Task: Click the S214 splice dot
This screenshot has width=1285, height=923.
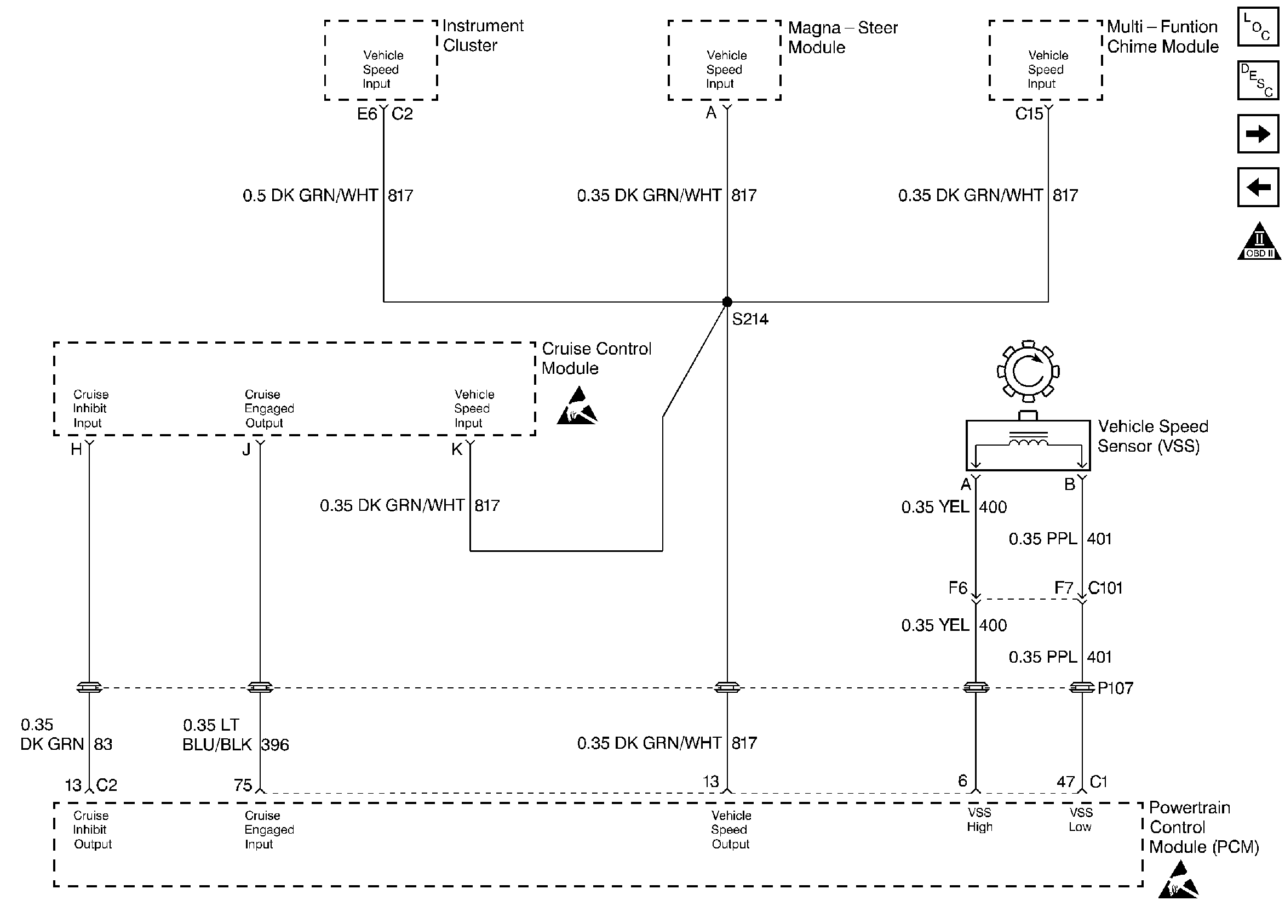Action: point(727,302)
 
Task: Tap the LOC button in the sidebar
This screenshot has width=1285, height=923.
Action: point(1258,27)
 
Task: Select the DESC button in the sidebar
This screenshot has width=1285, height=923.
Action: point(1258,80)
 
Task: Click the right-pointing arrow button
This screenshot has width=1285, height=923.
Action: point(1258,134)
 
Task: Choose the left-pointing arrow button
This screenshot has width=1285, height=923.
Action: point(1258,187)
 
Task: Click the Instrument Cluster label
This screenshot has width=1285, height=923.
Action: point(483,35)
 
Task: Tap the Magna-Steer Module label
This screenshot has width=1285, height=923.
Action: point(842,37)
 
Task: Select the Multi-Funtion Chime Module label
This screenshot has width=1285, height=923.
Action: point(1163,36)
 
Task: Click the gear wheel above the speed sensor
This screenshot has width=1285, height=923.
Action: point(1028,372)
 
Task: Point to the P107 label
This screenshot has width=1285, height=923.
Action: point(1115,688)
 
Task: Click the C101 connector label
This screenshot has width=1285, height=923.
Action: point(1105,588)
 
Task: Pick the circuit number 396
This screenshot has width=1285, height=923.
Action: point(276,744)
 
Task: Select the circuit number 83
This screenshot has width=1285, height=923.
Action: point(103,744)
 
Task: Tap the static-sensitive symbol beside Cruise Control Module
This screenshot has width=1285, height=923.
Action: point(577,407)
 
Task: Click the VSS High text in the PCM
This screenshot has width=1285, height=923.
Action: point(979,820)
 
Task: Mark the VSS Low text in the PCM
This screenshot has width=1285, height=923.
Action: point(1081,820)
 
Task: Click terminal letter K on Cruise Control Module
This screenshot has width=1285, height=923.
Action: point(457,449)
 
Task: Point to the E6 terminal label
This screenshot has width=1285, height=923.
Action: point(366,115)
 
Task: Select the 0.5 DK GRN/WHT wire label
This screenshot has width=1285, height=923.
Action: point(310,196)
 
